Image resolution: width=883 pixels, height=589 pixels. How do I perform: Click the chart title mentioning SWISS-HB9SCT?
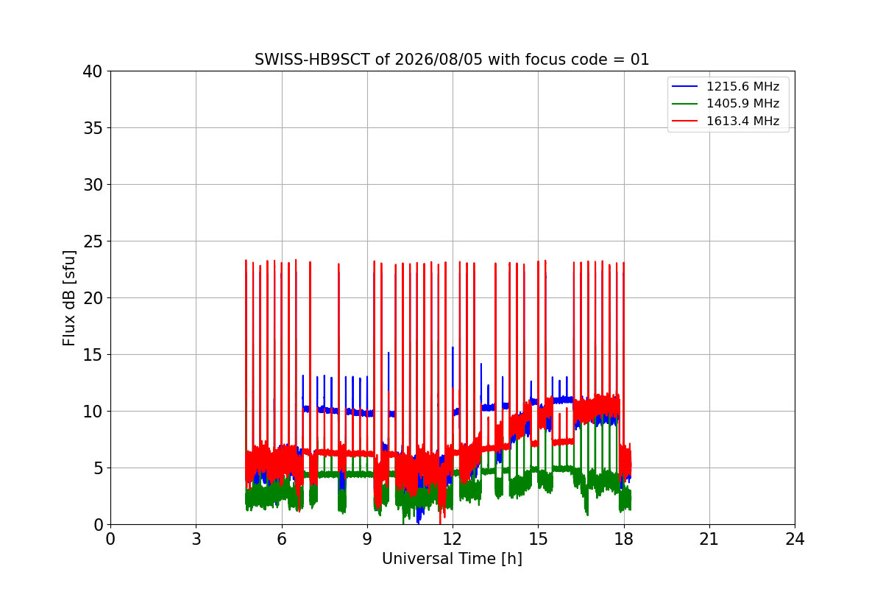[x=452, y=60]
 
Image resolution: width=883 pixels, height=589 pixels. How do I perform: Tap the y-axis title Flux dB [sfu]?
[x=69, y=298]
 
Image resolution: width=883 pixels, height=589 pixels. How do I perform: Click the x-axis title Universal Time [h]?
[x=452, y=559]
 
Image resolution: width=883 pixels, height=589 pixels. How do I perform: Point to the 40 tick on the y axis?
[x=93, y=71]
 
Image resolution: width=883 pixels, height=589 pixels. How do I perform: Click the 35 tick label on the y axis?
[x=93, y=128]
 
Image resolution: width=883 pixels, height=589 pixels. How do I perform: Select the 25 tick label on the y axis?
[x=93, y=241]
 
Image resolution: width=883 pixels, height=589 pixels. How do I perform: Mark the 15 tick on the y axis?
[x=93, y=355]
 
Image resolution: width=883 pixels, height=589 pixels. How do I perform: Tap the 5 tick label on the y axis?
[x=98, y=468]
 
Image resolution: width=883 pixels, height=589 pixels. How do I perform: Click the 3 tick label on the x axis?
[x=196, y=539]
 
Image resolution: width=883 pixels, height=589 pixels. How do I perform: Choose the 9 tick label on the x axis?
[x=367, y=539]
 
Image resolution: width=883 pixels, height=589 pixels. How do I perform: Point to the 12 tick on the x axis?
[x=453, y=539]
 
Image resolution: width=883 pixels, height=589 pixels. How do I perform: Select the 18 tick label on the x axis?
[x=624, y=539]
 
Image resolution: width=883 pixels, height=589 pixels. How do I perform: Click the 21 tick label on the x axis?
[x=709, y=539]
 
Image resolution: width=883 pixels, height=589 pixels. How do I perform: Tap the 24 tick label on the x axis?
[x=795, y=539]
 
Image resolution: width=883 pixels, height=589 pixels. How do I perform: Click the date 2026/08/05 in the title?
[x=439, y=60]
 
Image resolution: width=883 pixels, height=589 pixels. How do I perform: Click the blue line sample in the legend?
[x=685, y=86]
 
